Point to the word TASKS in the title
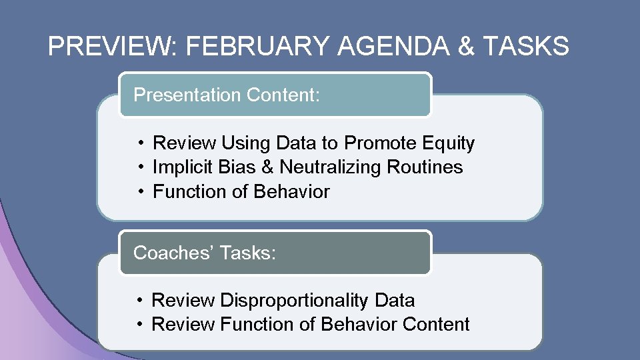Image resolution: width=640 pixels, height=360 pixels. click(x=527, y=47)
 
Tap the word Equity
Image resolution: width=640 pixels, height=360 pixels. click(x=449, y=143)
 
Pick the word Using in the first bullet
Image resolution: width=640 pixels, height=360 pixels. click(x=244, y=143)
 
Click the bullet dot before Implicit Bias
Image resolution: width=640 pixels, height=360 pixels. click(x=142, y=167)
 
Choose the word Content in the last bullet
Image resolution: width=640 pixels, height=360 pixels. click(x=437, y=325)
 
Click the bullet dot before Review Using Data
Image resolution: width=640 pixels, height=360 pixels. click(x=142, y=143)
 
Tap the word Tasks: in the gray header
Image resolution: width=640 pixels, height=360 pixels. click(x=247, y=253)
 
